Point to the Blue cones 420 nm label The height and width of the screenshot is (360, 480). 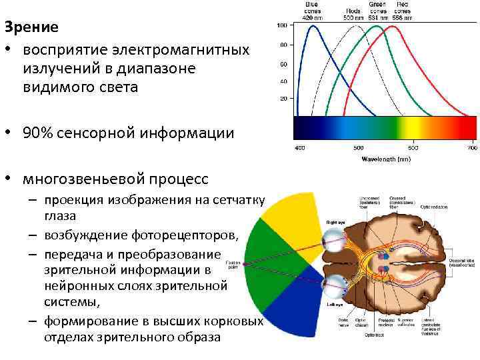pyautogui.click(x=312, y=10)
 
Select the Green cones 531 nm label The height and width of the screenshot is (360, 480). pyautogui.click(x=378, y=10)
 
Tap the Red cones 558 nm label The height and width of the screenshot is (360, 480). pyautogui.click(x=402, y=10)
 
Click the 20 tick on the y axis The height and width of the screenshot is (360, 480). pyautogui.click(x=283, y=98)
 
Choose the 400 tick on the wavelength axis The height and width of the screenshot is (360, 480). pyautogui.click(x=299, y=147)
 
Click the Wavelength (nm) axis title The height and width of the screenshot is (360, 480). pyautogui.click(x=385, y=159)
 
